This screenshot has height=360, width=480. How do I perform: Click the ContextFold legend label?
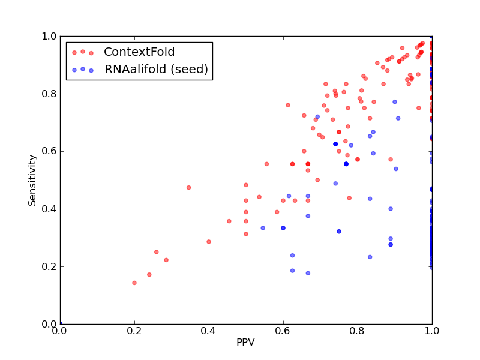pos(139,52)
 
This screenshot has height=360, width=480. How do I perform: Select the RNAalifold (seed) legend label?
pos(156,70)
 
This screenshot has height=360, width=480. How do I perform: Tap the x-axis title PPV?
pos(245,342)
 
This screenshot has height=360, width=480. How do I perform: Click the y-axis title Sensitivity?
pos(32,181)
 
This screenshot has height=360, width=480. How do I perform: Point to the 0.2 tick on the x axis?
pos(134,331)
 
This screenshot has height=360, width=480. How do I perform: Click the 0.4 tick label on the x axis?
pos(209,331)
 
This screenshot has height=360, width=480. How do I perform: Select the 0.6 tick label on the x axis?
pos(283,331)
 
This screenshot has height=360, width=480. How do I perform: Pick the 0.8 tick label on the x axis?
pos(358,331)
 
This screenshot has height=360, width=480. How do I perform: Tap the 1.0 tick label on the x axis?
pos(432,331)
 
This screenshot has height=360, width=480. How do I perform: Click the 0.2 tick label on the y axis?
pos(49,266)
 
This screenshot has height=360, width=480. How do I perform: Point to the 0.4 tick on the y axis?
pos(49,209)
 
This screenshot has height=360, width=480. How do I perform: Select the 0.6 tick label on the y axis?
pos(49,152)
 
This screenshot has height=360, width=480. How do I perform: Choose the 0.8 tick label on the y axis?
pos(49,94)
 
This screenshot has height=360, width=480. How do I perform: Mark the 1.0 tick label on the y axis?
pos(49,36)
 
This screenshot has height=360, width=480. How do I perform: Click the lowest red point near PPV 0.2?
pos(134,283)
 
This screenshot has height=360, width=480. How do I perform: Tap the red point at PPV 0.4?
pos(209,242)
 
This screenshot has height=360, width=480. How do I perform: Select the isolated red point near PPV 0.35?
pos(188,188)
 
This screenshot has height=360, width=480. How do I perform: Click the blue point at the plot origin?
pos(61,323)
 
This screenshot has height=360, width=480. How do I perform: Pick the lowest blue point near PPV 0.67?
pos(308,273)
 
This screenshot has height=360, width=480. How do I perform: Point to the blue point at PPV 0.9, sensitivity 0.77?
pos(395,102)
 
